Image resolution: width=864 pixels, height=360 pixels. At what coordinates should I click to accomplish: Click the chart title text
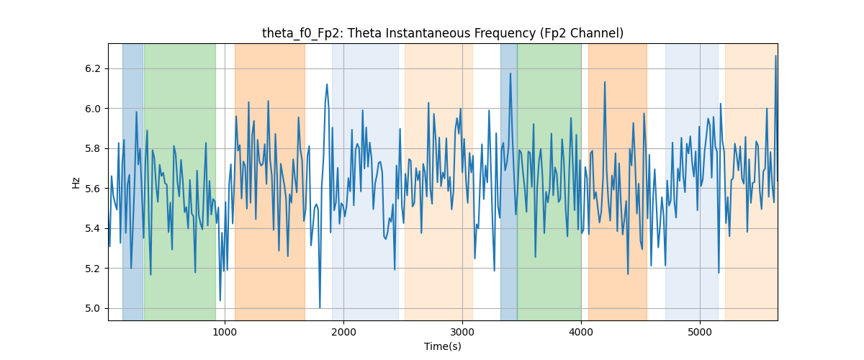(442, 33)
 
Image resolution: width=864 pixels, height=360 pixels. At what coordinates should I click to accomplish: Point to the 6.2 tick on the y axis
(93, 68)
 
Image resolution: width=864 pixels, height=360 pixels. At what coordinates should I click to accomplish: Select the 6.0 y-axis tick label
(93, 109)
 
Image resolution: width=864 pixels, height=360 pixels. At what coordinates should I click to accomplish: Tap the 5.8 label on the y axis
(93, 148)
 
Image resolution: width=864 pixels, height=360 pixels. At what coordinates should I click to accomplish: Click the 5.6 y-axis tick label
(93, 189)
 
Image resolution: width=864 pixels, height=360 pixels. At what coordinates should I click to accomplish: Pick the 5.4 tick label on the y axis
(93, 229)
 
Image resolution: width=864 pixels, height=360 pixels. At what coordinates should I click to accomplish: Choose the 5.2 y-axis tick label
(93, 269)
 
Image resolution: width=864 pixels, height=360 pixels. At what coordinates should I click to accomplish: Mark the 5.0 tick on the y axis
(93, 309)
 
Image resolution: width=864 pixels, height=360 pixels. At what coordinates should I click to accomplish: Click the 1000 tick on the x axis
(225, 332)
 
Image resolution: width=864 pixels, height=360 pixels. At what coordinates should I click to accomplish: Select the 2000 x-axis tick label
(343, 332)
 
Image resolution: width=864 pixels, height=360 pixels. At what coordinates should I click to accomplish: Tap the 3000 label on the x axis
(462, 332)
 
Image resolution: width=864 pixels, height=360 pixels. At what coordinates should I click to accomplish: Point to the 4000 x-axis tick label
(581, 332)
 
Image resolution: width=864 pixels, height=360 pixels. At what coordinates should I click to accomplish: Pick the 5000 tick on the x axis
(700, 332)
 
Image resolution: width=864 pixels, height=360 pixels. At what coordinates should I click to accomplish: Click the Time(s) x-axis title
(442, 346)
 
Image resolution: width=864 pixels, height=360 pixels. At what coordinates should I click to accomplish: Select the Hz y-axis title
(76, 182)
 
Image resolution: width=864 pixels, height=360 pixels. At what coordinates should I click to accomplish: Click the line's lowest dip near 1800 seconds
(320, 307)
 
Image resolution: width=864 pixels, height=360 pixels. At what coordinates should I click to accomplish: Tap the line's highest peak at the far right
(775, 56)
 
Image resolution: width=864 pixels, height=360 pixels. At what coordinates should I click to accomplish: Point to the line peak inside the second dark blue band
(510, 73)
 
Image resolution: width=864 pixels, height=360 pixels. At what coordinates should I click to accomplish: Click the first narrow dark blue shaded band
(132, 181)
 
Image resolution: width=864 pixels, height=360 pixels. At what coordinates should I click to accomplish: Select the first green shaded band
(180, 181)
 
